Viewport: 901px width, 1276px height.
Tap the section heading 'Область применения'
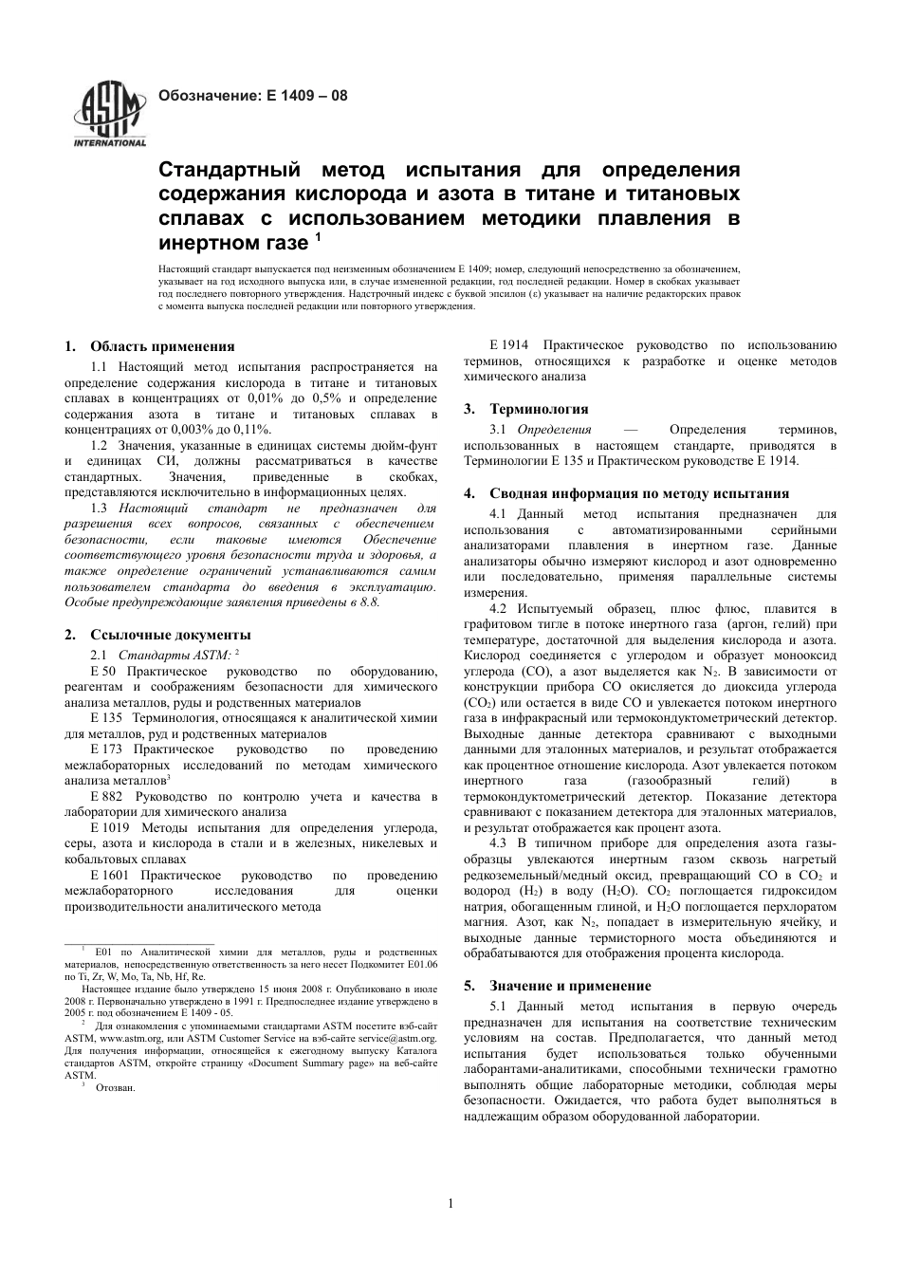coord(162,346)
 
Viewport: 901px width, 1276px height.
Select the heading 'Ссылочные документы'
coord(171,634)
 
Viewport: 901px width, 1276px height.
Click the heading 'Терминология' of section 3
coord(539,409)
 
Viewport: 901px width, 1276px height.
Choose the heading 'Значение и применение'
coord(570,986)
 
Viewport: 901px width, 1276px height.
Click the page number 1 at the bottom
coord(450,1204)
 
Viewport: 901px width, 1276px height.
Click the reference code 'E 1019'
coord(110,828)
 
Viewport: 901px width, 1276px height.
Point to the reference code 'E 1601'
coord(110,876)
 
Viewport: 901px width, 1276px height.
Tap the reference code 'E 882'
coord(106,797)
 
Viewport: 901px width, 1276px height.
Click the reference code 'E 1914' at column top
coord(508,344)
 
